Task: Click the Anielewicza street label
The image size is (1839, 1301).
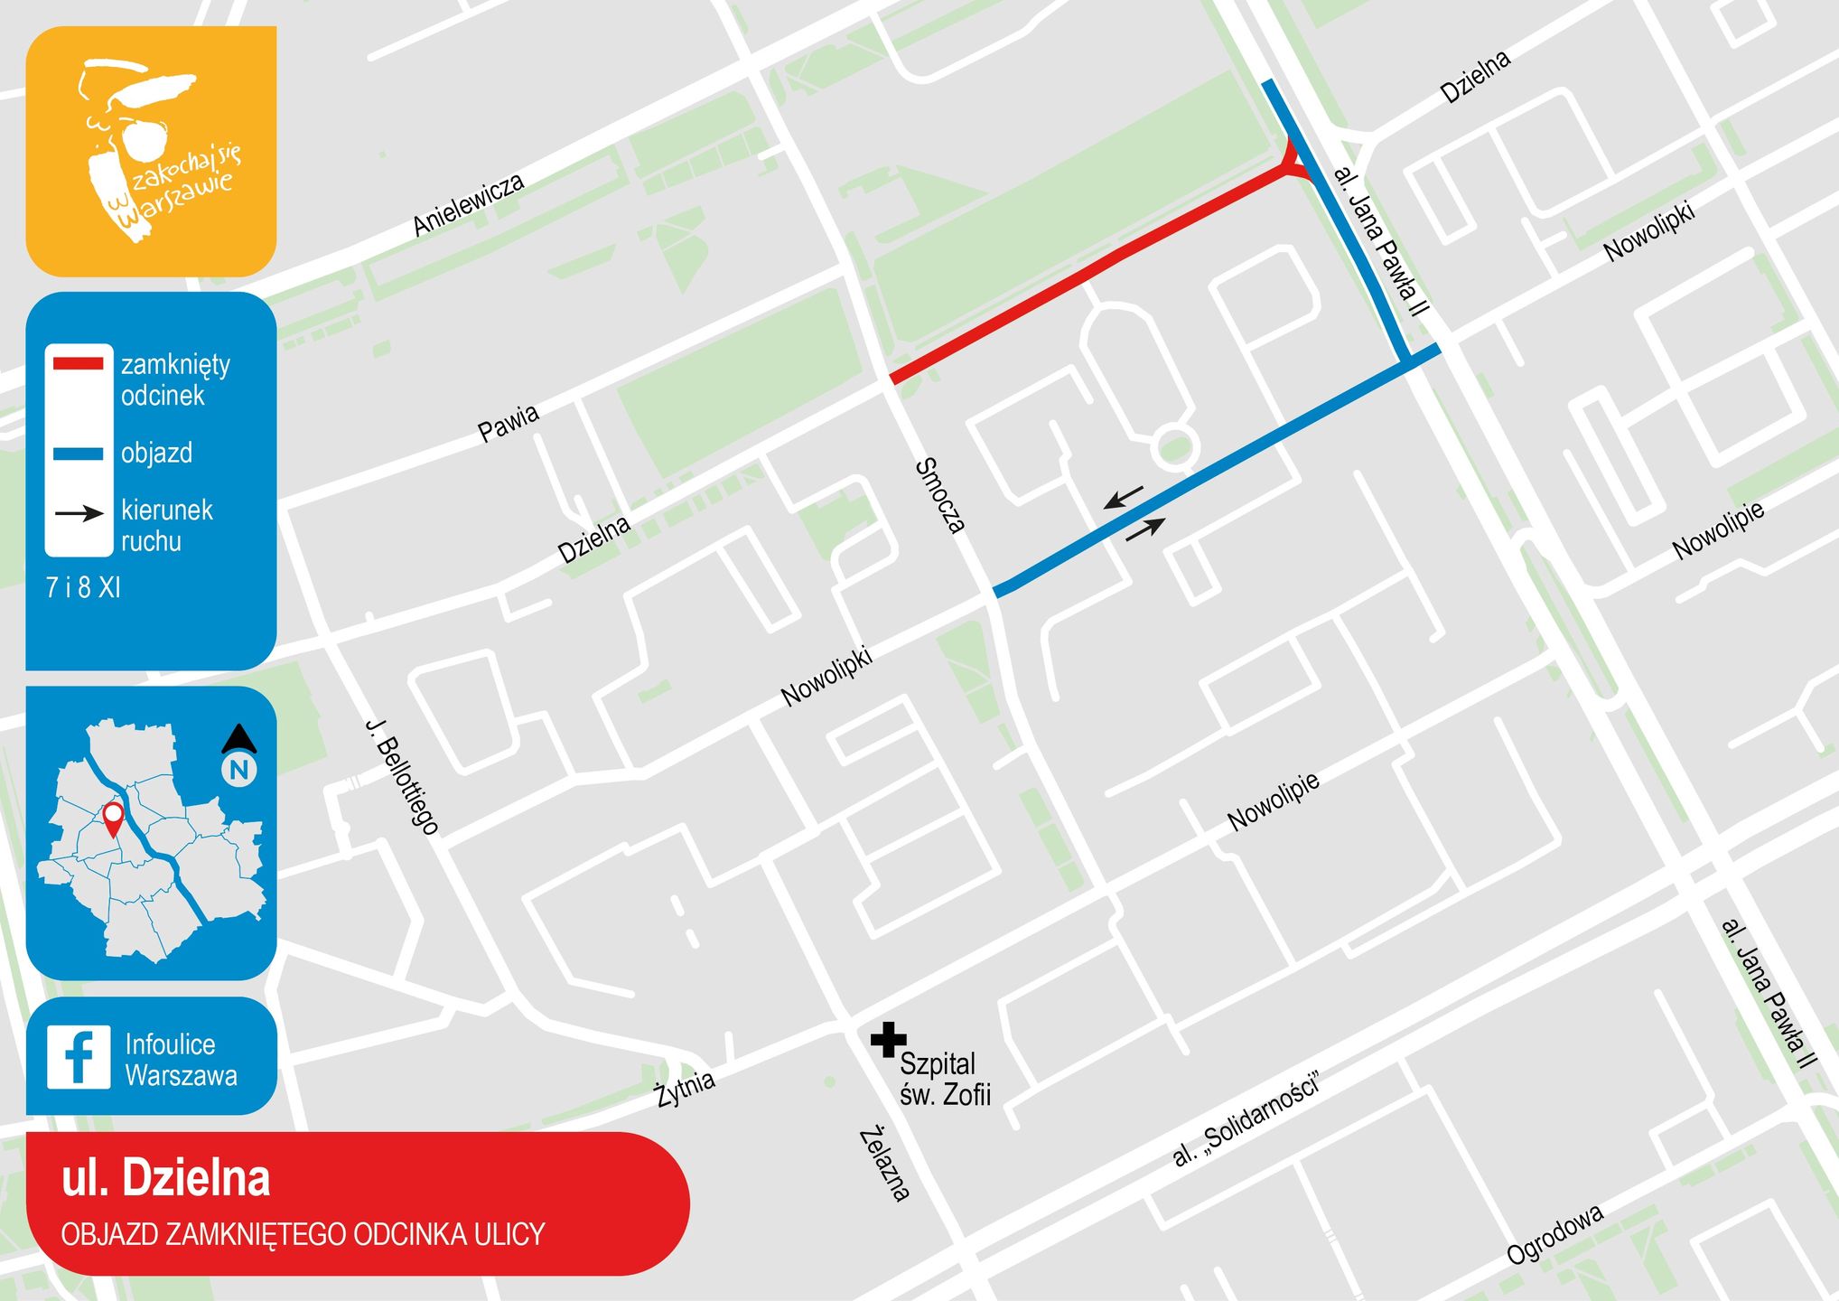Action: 468,205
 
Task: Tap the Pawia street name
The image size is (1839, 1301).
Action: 509,423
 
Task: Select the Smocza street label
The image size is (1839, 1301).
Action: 940,495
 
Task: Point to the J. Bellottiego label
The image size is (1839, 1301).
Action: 402,776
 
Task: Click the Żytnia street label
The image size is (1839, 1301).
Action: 685,1087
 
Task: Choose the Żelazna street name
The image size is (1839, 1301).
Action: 883,1164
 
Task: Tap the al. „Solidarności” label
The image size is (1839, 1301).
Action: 1246,1118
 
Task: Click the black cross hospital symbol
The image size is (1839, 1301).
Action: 888,1040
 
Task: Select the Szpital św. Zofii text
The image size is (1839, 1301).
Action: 944,1079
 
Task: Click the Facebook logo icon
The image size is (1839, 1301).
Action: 79,1056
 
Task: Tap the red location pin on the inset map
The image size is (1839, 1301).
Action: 113,819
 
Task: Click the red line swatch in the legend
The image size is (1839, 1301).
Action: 79,364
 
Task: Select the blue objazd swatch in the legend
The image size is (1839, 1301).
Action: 79,454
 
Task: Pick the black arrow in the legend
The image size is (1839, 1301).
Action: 79,513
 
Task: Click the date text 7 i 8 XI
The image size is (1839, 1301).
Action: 83,588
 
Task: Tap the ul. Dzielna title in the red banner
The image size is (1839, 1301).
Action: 166,1179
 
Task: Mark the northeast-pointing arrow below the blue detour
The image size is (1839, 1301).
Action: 1145,529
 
